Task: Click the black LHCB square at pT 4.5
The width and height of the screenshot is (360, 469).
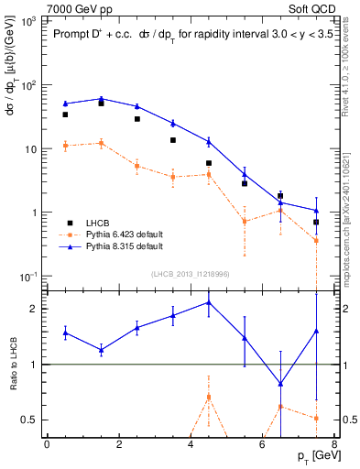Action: pyautogui.click(x=209, y=163)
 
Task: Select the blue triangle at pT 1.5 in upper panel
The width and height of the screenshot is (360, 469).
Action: pyautogui.click(x=101, y=98)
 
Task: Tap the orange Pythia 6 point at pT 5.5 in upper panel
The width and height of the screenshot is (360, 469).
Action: pyautogui.click(x=245, y=221)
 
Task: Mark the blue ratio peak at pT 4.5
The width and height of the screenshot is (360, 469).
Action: pyautogui.click(x=209, y=301)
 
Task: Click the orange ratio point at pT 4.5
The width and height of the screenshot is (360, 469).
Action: pyautogui.click(x=209, y=397)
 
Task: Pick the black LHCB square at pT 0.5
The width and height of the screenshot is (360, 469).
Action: pyautogui.click(x=65, y=115)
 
